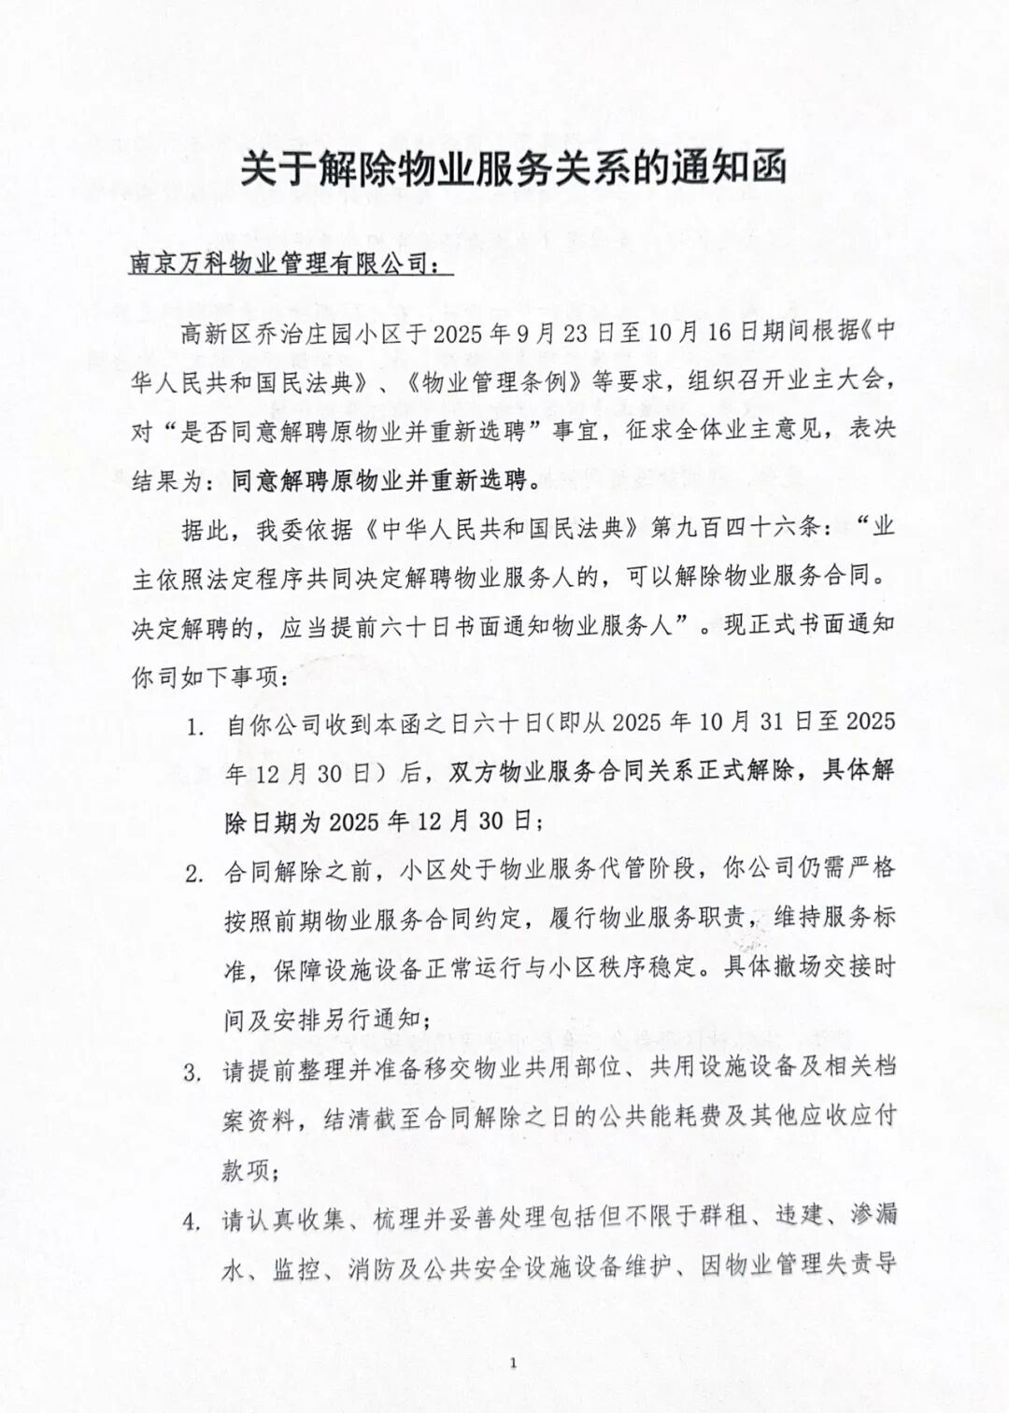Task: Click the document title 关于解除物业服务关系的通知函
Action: (513, 169)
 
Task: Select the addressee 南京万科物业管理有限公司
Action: (280, 264)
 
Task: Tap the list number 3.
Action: (193, 1071)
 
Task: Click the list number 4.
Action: (193, 1220)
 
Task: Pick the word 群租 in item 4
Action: (725, 1218)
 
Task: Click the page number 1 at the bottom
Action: (513, 1363)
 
